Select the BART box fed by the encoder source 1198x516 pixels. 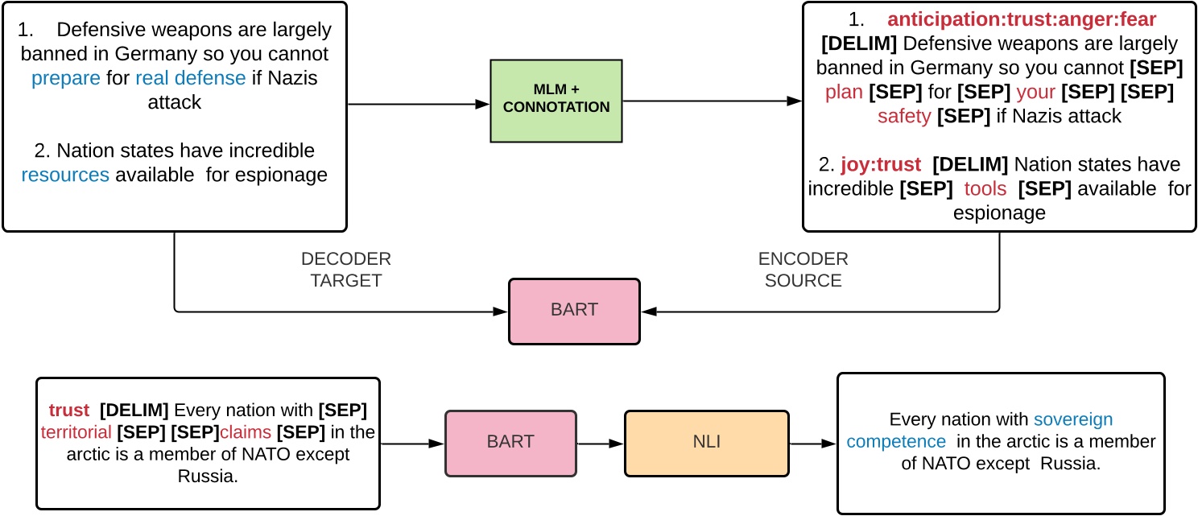[574, 311]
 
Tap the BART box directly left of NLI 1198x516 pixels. [510, 442]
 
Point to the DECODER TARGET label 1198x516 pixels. [345, 270]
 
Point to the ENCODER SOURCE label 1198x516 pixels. [803, 270]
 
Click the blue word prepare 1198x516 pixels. [66, 78]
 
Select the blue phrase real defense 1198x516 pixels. [190, 78]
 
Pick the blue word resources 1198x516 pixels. [65, 175]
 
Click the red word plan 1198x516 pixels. [844, 93]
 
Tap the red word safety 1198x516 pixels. [903, 116]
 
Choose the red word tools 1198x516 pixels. [985, 188]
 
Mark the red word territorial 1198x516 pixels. [75, 432]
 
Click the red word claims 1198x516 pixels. [246, 432]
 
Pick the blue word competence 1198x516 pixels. [896, 441]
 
